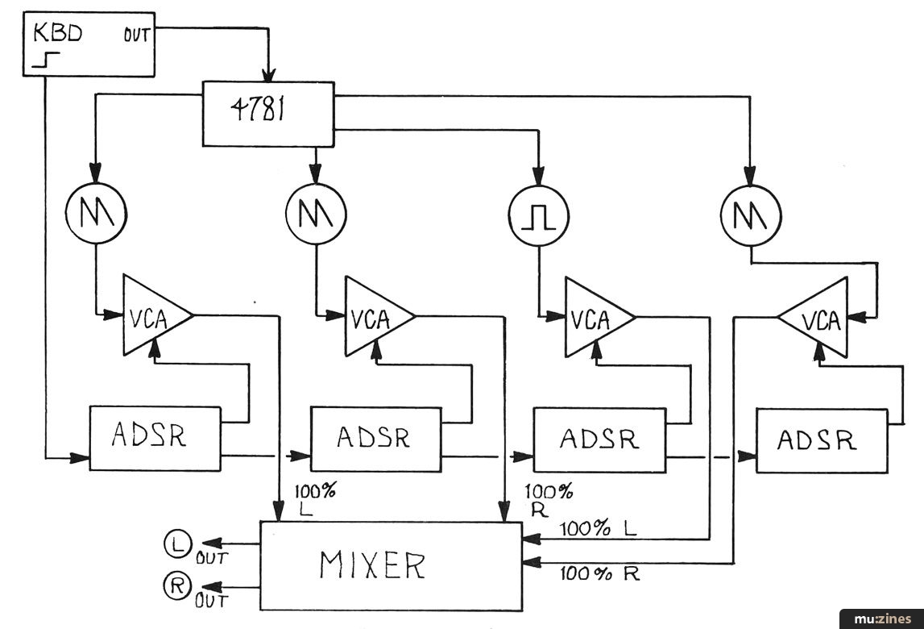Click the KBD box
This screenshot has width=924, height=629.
click(x=89, y=44)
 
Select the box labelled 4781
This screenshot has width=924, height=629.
click(x=267, y=114)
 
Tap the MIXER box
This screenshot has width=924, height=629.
click(x=389, y=564)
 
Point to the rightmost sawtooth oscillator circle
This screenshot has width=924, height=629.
click(x=751, y=214)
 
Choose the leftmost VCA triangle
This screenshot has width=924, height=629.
click(x=153, y=315)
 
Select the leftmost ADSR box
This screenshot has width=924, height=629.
click(x=154, y=438)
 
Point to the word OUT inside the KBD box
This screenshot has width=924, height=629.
click(x=137, y=35)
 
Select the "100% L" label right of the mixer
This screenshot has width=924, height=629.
click(x=597, y=529)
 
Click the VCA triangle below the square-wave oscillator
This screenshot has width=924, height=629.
click(x=596, y=315)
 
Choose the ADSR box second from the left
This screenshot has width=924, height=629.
click(x=376, y=439)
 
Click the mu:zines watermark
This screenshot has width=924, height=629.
click(x=882, y=618)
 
